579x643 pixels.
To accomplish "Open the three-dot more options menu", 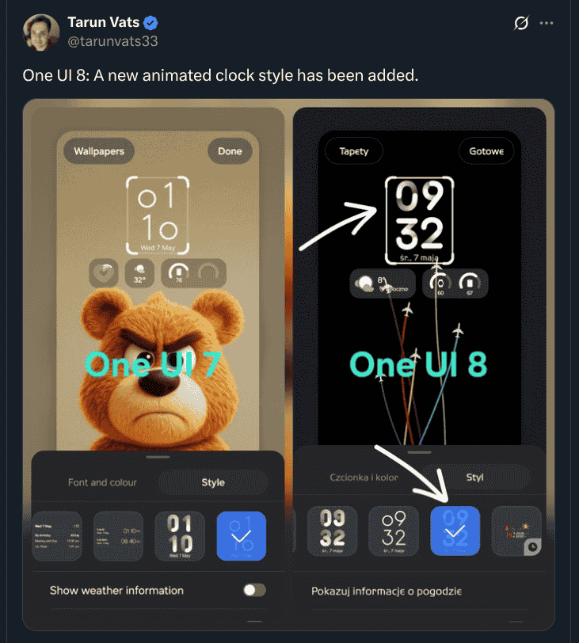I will click(x=547, y=24).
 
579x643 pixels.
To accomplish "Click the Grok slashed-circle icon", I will click(x=520, y=24).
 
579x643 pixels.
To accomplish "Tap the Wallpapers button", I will click(x=99, y=151).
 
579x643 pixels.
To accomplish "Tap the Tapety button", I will click(x=353, y=151).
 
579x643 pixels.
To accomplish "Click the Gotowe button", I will click(x=486, y=151).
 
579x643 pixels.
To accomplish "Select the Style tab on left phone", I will click(x=212, y=482).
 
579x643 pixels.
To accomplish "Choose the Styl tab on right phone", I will click(x=474, y=477).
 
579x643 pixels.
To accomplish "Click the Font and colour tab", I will click(x=102, y=482).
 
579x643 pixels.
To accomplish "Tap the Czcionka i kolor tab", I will click(x=364, y=477).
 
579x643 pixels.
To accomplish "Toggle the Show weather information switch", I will click(x=254, y=590).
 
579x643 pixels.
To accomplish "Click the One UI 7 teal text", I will click(x=151, y=364).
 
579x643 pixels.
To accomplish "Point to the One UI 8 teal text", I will click(x=418, y=364).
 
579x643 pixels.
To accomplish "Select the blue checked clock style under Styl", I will click(x=455, y=531).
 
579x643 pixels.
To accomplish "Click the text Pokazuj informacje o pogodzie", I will click(x=386, y=591).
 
